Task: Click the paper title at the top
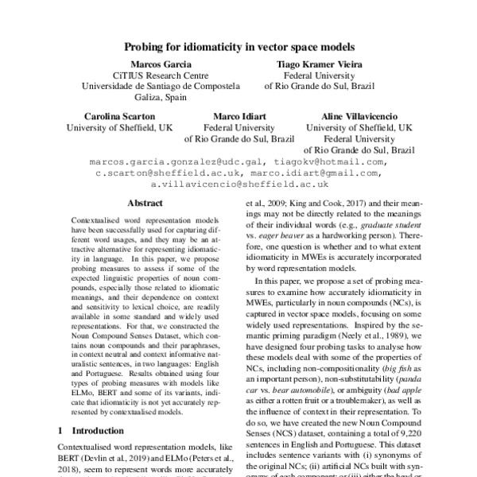point(238,47)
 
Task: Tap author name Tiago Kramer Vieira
point(315,64)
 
